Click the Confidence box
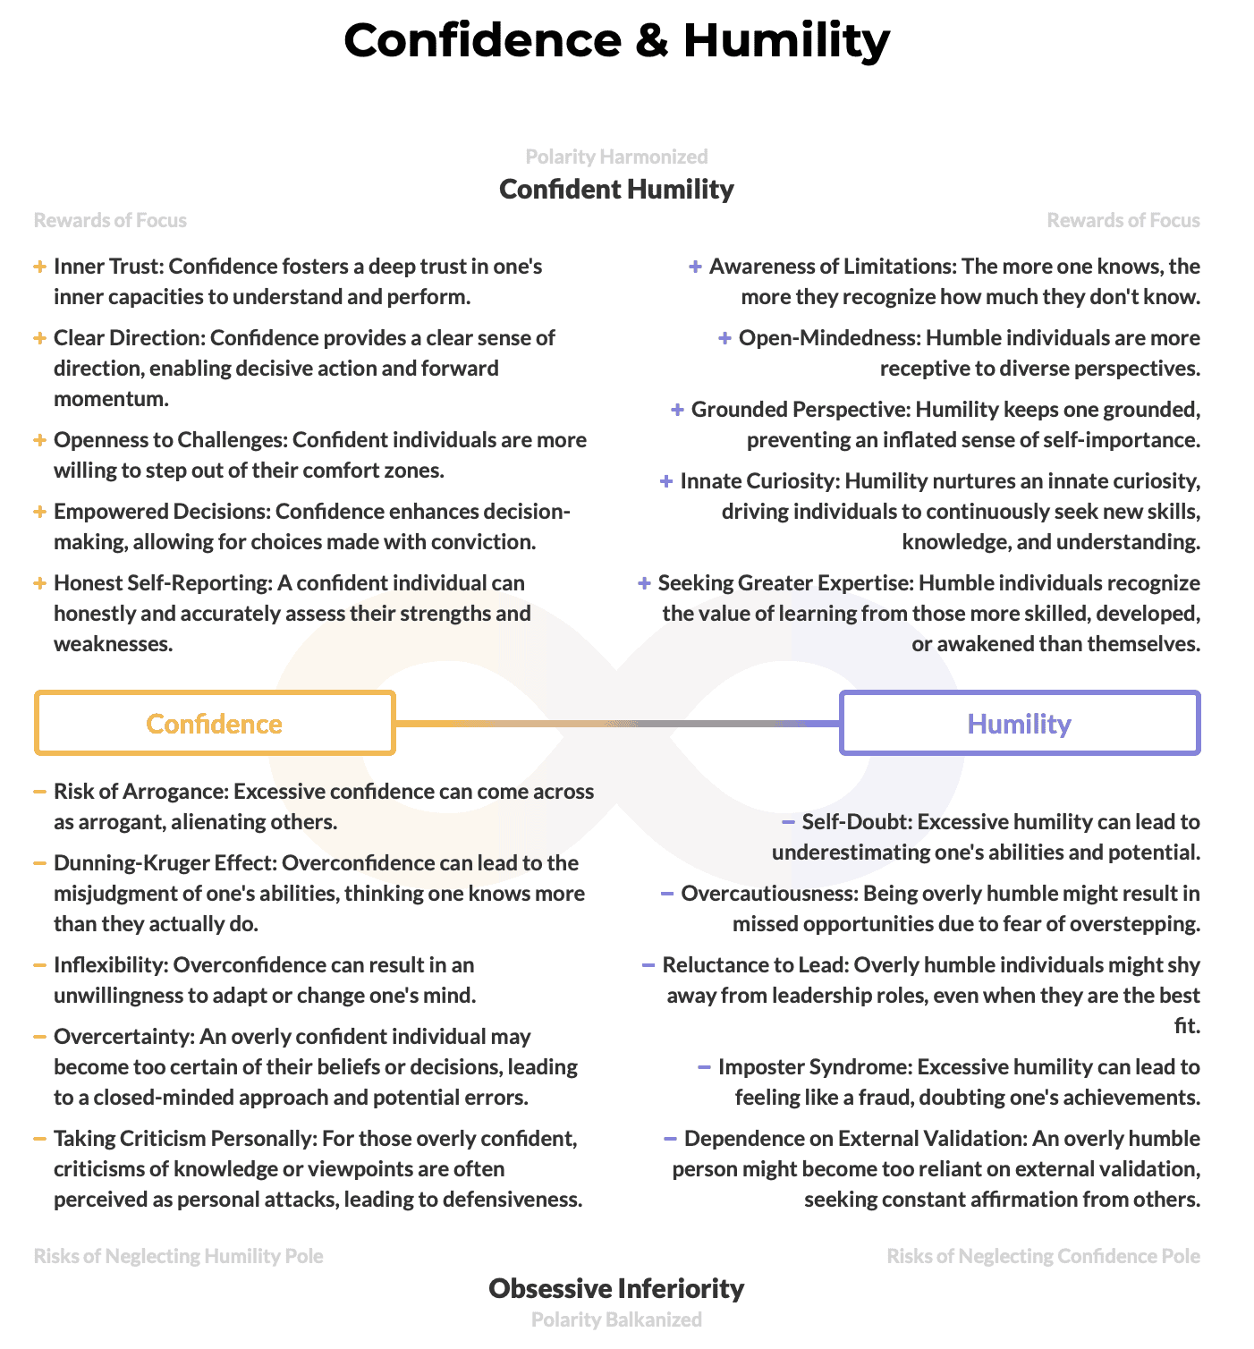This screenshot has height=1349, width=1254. (x=215, y=723)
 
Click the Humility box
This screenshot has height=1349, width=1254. (x=1020, y=723)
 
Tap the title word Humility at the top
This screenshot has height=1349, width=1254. (x=786, y=41)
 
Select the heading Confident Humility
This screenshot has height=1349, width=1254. (x=616, y=189)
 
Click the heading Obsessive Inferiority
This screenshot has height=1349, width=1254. (x=616, y=1288)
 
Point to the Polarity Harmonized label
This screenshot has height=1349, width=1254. (x=616, y=157)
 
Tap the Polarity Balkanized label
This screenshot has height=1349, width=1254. (x=616, y=1319)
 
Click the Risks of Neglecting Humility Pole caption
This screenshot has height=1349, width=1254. (x=179, y=1256)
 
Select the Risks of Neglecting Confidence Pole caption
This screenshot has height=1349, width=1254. (x=1043, y=1256)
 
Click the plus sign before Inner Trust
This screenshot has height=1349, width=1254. (x=39, y=267)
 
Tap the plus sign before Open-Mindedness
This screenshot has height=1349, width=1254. (x=725, y=338)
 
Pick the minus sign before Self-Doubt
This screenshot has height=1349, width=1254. (x=788, y=821)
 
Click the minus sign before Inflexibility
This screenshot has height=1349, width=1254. (x=39, y=965)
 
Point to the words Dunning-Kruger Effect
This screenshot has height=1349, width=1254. (x=165, y=863)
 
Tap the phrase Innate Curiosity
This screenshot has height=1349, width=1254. (x=758, y=481)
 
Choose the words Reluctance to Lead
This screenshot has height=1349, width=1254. (x=755, y=965)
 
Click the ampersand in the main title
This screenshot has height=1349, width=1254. (x=652, y=41)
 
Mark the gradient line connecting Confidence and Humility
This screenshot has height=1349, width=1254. (x=617, y=723)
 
